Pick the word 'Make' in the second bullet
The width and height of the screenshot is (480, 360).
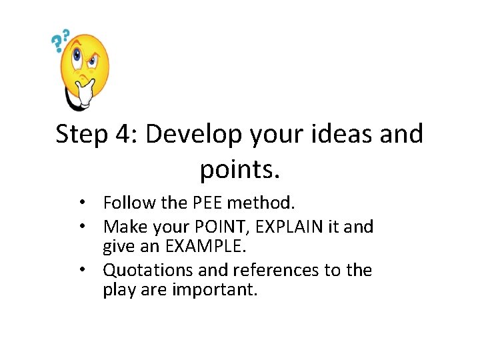tap(125, 227)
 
